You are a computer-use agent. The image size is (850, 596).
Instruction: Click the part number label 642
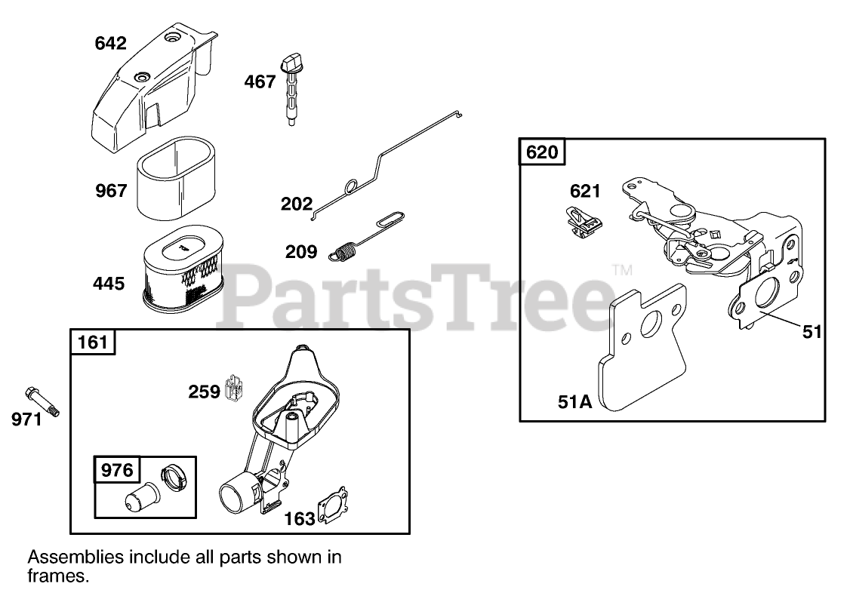[111, 44]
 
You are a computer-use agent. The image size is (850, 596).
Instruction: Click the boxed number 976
[117, 471]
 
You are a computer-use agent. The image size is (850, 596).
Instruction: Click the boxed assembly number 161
[93, 343]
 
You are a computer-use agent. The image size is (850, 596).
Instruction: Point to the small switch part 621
[581, 221]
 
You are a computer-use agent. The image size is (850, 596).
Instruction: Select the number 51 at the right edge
[812, 331]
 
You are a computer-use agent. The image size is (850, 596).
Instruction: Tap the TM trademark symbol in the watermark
[621, 269]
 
